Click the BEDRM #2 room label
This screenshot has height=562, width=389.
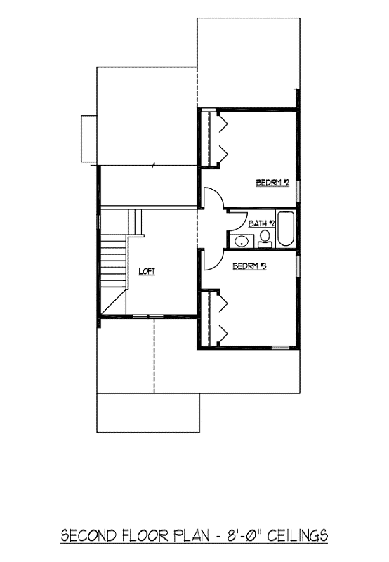click(x=272, y=183)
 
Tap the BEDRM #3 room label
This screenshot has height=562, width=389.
click(x=250, y=266)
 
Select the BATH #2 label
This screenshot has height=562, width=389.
click(x=262, y=223)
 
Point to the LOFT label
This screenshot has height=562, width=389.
click(x=147, y=271)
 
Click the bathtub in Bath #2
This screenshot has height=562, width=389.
click(x=286, y=229)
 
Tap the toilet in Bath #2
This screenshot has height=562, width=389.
click(x=265, y=239)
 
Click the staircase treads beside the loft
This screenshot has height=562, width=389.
click(x=114, y=261)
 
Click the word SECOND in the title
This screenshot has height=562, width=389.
click(x=89, y=536)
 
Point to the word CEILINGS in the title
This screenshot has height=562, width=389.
click(x=298, y=536)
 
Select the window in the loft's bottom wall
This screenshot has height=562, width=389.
click(x=148, y=317)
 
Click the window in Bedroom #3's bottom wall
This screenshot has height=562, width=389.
click(x=280, y=347)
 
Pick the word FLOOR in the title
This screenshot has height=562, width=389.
click(x=145, y=536)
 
